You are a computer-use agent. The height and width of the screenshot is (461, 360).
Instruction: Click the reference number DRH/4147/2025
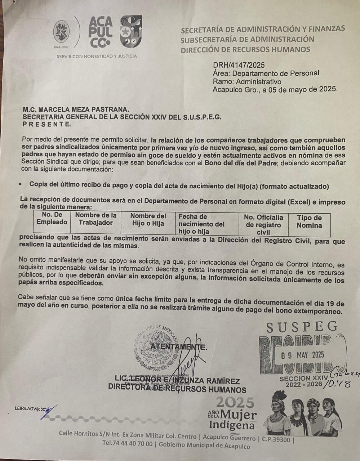point(239,65)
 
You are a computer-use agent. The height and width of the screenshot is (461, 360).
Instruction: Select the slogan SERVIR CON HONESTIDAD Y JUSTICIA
point(97,56)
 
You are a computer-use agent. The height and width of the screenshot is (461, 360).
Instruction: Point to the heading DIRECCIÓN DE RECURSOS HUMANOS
point(245,49)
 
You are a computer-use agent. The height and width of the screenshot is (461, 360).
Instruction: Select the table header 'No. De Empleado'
point(52,219)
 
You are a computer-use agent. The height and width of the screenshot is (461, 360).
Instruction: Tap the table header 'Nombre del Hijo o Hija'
point(148,219)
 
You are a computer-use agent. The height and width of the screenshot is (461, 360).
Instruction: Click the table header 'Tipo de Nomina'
point(309,221)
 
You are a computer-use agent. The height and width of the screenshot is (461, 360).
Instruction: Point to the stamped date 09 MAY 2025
point(303,355)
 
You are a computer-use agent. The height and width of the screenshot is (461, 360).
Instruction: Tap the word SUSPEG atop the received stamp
point(302,327)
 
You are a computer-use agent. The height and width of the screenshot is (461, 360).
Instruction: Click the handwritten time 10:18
point(337,385)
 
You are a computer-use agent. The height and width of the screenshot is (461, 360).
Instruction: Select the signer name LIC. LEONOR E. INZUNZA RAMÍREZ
point(177,381)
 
